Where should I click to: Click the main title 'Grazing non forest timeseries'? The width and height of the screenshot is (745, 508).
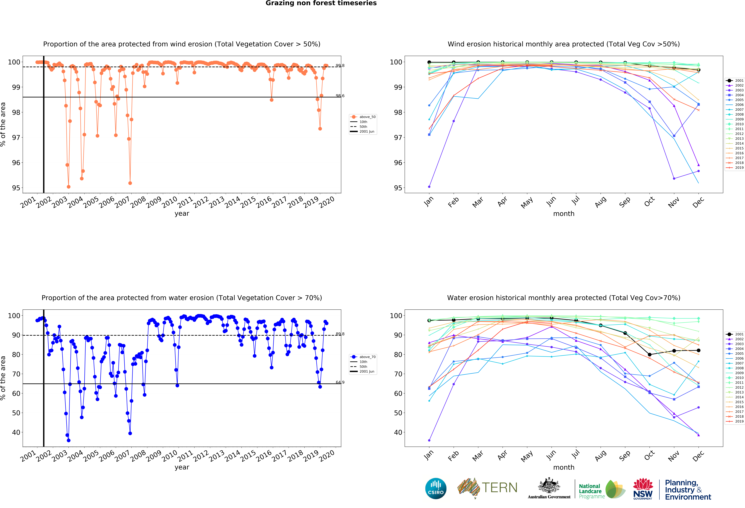pyautogui.click(x=321, y=3)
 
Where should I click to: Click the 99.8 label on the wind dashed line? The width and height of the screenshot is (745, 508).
pyautogui.click(x=340, y=65)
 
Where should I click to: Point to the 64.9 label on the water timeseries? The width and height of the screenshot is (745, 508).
pyautogui.click(x=340, y=382)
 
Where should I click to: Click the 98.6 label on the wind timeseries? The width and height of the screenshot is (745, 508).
pyautogui.click(x=340, y=96)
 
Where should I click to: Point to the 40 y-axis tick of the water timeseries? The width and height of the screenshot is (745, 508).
pyautogui.click(x=16, y=432)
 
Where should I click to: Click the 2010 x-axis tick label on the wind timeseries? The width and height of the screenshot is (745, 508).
pyautogui.click(x=169, y=202)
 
